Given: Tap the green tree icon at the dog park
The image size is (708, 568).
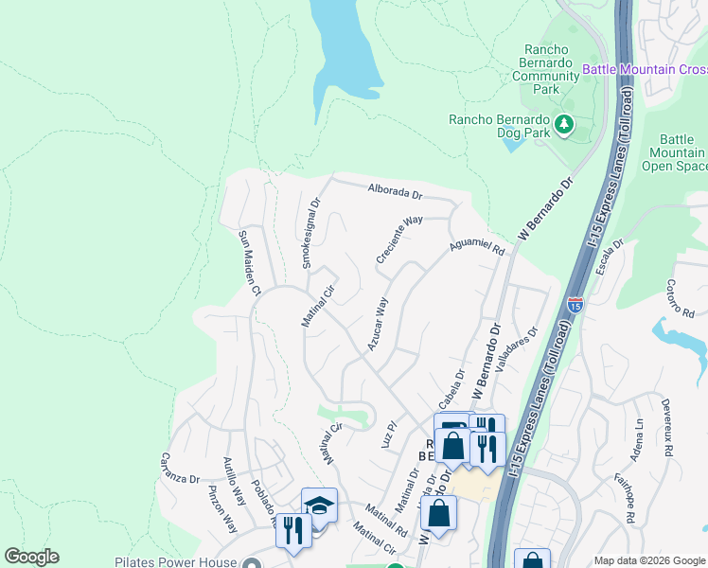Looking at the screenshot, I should (564, 123).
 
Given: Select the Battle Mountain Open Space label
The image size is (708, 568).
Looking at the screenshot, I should (678, 151).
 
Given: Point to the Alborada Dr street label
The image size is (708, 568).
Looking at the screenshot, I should (395, 191).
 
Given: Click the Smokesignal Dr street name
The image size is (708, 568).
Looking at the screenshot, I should (311, 233).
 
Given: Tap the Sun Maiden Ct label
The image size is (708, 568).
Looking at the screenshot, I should (249, 263).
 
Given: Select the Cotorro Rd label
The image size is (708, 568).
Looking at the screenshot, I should (680, 298).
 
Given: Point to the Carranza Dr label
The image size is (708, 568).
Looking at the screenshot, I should (181, 467).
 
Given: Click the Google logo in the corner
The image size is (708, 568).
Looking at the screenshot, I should (31, 557).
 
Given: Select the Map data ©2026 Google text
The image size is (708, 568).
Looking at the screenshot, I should (648, 560).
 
